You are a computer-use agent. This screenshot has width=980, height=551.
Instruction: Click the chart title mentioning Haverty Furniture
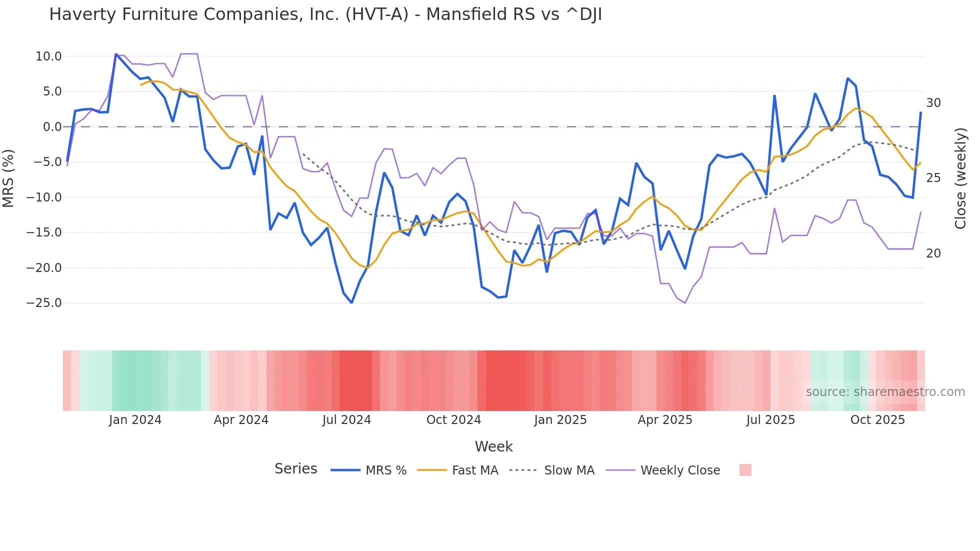point(325,14)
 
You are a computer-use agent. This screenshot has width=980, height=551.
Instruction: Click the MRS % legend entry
point(385,470)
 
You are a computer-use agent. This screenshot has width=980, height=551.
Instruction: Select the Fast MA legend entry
point(474,470)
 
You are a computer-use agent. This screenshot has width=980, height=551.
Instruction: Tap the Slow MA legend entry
point(569,470)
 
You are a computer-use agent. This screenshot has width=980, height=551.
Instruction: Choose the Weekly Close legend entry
point(680,470)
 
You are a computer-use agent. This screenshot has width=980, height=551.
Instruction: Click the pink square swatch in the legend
point(745,470)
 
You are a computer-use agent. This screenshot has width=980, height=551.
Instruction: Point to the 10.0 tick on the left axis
point(48,56)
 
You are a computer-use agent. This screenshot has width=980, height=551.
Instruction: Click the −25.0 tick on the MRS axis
point(44,303)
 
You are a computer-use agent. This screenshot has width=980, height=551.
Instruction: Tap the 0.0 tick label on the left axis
point(52,127)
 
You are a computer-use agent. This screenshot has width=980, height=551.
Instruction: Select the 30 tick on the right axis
point(933,103)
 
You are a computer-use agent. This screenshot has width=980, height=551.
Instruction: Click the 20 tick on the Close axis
point(933,253)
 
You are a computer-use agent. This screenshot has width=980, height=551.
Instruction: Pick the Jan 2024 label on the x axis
point(135,420)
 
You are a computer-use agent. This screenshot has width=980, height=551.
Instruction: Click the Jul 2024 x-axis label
point(346,420)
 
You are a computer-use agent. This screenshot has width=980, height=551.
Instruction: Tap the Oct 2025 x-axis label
point(877,420)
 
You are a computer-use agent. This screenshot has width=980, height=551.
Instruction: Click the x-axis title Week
point(493,446)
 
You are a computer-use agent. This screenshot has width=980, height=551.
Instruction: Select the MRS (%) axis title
point(8,178)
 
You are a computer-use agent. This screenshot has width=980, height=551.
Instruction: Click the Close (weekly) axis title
point(960,178)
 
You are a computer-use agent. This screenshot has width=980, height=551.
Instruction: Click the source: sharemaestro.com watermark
point(885,392)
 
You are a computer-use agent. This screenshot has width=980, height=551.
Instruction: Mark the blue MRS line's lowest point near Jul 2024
point(351,302)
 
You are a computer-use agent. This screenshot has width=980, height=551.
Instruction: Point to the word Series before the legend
point(295,469)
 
